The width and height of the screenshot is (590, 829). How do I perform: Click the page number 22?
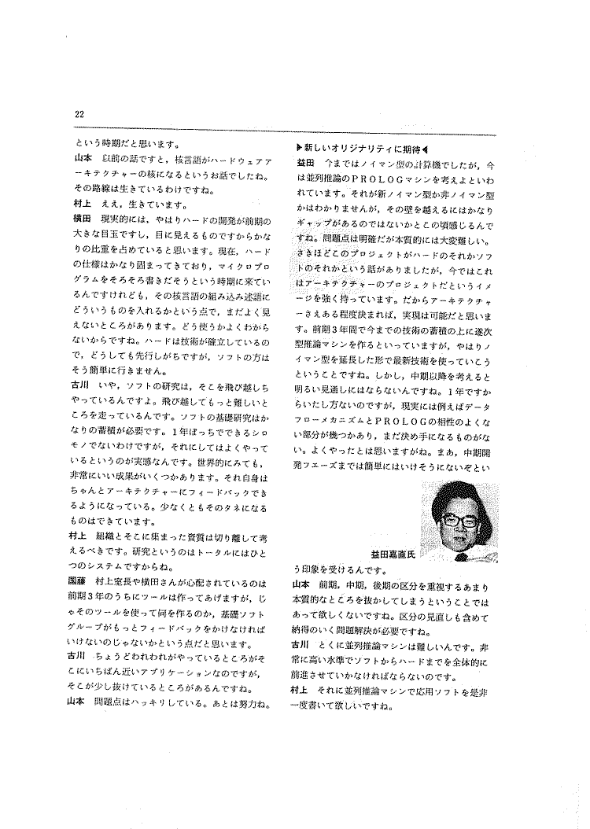click(79, 115)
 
